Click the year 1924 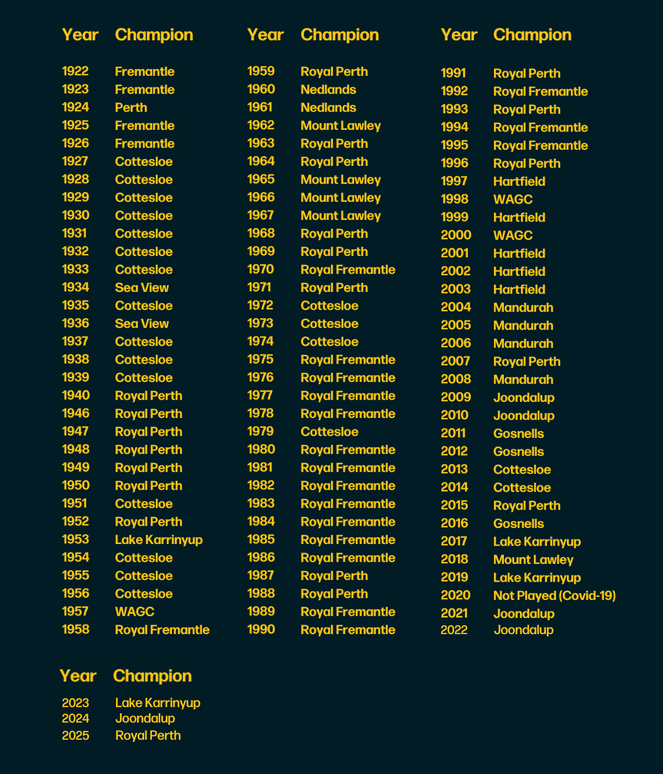(75, 107)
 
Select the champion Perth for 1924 (131, 108)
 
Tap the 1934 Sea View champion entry (142, 287)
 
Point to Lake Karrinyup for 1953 (159, 540)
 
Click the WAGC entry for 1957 (134, 611)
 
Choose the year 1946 (76, 414)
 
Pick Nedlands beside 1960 (328, 90)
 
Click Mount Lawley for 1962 (340, 125)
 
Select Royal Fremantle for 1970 (348, 270)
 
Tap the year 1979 (260, 432)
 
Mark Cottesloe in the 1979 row (329, 432)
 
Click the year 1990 (261, 630)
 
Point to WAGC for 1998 (513, 199)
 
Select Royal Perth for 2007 (527, 362)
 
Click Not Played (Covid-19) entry (554, 595)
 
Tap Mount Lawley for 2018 (533, 559)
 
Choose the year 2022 (454, 630)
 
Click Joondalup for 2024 (145, 719)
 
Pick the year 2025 (75, 736)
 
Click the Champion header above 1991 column (532, 35)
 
